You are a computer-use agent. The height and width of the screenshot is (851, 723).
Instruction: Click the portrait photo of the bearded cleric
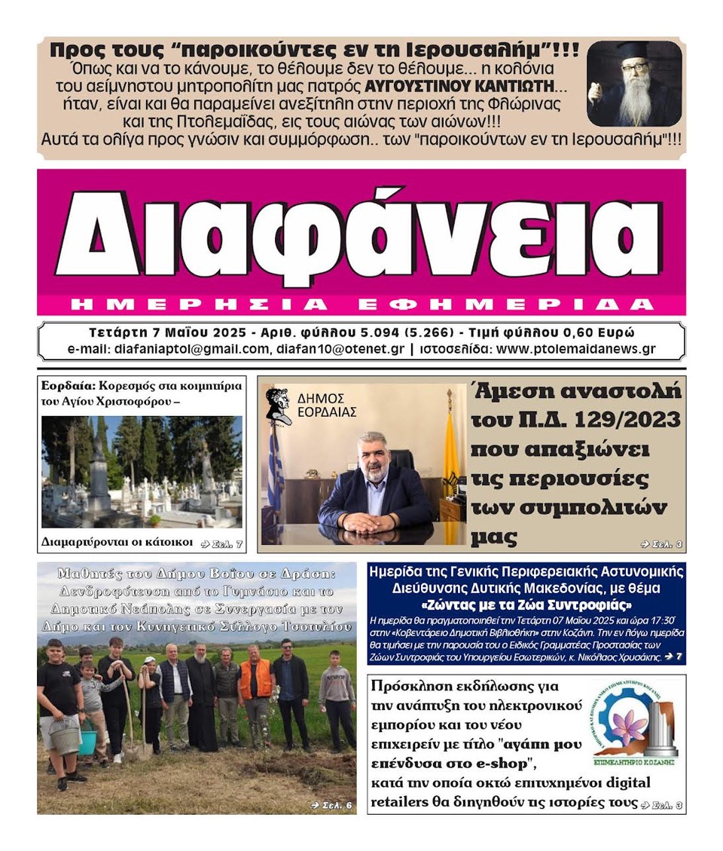[633, 83]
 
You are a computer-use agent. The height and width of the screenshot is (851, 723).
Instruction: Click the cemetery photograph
[142, 471]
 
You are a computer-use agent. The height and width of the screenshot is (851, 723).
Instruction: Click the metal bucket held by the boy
[65, 734]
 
